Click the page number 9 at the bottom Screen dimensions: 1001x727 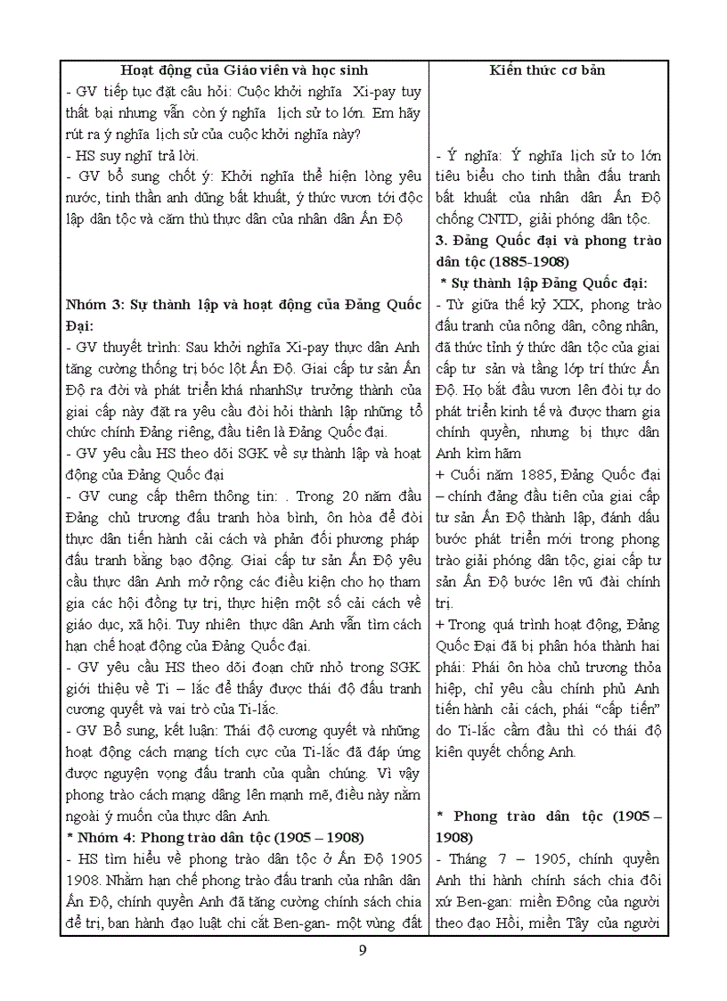[x=363, y=949]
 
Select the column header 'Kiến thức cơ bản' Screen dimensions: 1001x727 [x=550, y=70]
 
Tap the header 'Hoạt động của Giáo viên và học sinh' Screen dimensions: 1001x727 [x=244, y=70]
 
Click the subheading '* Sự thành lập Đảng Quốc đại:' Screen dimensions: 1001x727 [x=543, y=283]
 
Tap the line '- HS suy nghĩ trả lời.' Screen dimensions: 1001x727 [x=125, y=155]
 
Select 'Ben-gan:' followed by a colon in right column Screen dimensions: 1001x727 [x=480, y=901]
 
